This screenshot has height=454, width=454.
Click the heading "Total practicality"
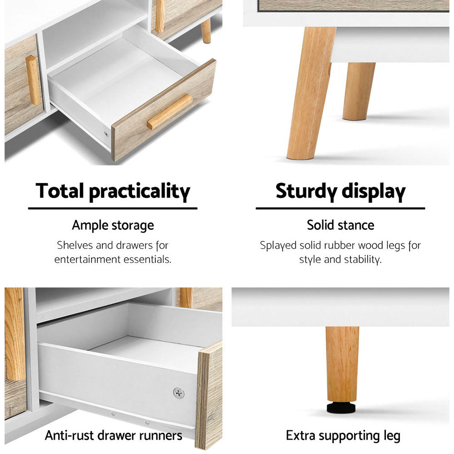pos(113,191)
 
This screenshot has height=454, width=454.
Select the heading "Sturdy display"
pos(340,191)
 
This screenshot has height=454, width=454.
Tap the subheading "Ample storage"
pos(113,225)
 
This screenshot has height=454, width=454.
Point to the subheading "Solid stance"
pos(340,225)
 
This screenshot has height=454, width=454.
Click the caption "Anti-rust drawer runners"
pos(113,436)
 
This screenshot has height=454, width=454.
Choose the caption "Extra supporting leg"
pos(343,436)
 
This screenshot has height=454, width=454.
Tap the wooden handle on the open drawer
pos(169,112)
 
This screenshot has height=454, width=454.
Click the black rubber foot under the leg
pos(342,407)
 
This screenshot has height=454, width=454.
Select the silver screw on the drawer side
pos(178,392)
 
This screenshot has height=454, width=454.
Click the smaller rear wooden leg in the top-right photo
pos(358,91)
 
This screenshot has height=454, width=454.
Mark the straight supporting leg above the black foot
pos(342,363)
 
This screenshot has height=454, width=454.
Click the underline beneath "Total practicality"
pos(113,208)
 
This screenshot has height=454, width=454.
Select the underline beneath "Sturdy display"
pos(340,208)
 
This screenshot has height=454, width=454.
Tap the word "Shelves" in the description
pos(75,246)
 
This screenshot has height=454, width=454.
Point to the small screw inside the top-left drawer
pos(106,134)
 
